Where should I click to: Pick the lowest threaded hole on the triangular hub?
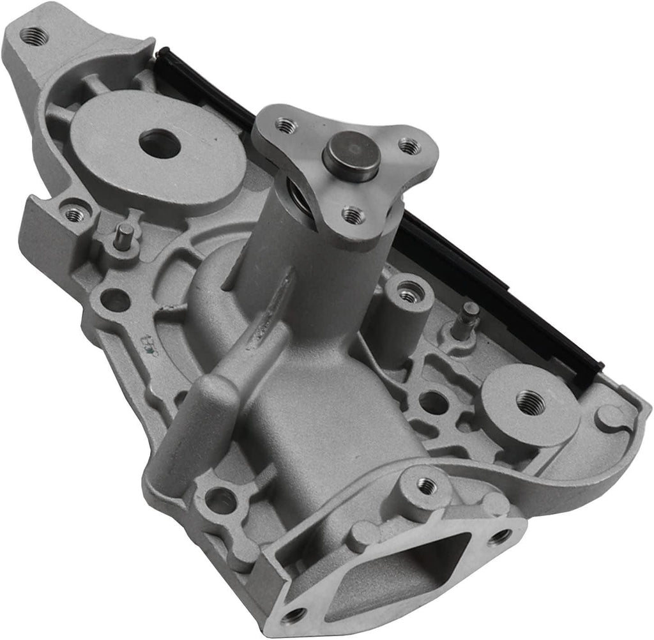(x=352, y=215)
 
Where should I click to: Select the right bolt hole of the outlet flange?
(x=501, y=537)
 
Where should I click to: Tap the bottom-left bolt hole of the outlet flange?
(x=293, y=616)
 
